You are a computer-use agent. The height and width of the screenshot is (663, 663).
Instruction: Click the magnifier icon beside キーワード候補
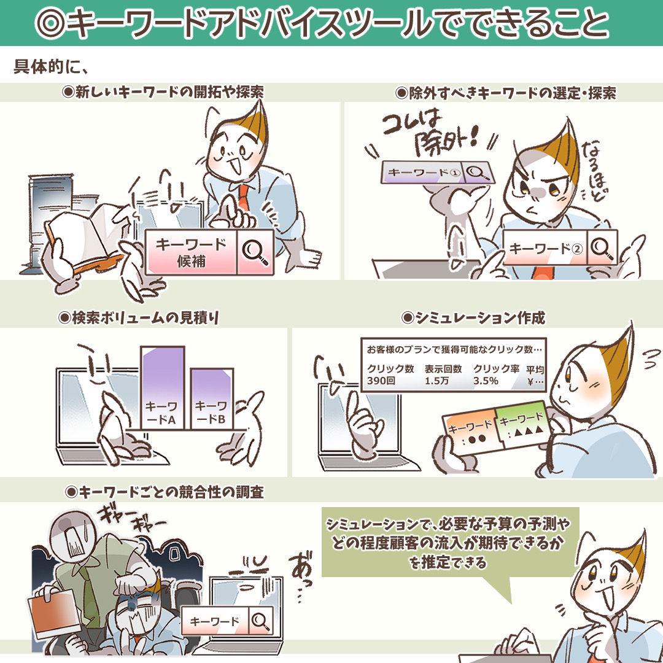point(255,252)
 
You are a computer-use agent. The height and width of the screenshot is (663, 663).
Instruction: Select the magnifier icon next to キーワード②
point(602,248)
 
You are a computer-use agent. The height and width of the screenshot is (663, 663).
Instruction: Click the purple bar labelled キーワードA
point(162,388)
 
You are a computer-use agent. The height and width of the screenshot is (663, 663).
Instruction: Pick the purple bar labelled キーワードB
point(211,399)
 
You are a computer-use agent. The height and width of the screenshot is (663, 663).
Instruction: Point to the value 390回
point(381,381)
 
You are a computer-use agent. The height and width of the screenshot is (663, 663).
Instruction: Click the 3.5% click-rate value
point(486,381)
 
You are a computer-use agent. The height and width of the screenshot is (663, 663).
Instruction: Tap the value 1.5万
point(437,381)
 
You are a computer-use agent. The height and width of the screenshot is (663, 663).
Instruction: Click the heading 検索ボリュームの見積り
point(139,317)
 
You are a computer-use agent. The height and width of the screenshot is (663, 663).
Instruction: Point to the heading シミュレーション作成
point(473,317)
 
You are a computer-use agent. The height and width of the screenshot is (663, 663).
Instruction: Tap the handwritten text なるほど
point(596,173)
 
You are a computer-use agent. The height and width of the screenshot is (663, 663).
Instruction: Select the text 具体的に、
point(51,67)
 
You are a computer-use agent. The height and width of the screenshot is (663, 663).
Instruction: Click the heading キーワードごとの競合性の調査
point(165,492)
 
